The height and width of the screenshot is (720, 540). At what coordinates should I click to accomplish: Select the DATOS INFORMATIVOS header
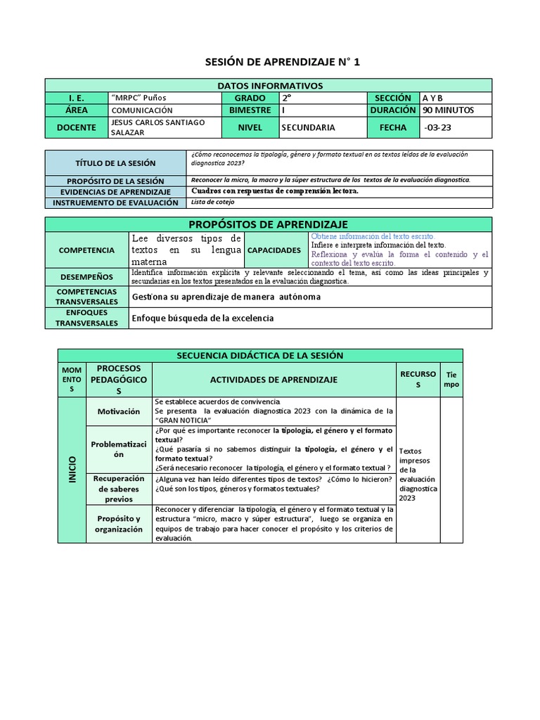[x=270, y=86]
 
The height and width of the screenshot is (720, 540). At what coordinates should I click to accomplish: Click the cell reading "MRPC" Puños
[x=139, y=98]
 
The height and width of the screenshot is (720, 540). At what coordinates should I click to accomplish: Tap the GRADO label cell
[x=250, y=98]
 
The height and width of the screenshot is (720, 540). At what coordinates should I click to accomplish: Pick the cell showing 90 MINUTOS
[x=449, y=110]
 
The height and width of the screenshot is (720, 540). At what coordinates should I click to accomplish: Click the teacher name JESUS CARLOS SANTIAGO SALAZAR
[x=157, y=127]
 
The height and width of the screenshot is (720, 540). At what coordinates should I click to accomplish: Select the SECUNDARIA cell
[x=308, y=127]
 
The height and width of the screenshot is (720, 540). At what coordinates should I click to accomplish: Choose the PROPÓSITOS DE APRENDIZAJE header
[x=270, y=224]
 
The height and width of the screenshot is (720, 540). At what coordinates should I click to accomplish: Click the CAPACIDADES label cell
[x=277, y=250]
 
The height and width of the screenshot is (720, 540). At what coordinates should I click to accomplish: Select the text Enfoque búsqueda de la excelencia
[x=202, y=319]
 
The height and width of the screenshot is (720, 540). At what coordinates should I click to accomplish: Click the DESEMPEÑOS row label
[x=87, y=276]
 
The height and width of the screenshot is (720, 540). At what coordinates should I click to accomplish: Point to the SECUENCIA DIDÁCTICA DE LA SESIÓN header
[x=260, y=356]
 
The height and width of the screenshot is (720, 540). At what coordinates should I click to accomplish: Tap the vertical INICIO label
[x=71, y=470]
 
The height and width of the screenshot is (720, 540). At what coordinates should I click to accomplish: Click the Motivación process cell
[x=119, y=411]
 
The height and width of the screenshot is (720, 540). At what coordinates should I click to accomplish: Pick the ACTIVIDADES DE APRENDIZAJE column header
[x=274, y=380]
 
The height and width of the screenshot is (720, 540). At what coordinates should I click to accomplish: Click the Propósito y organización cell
[x=119, y=524]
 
